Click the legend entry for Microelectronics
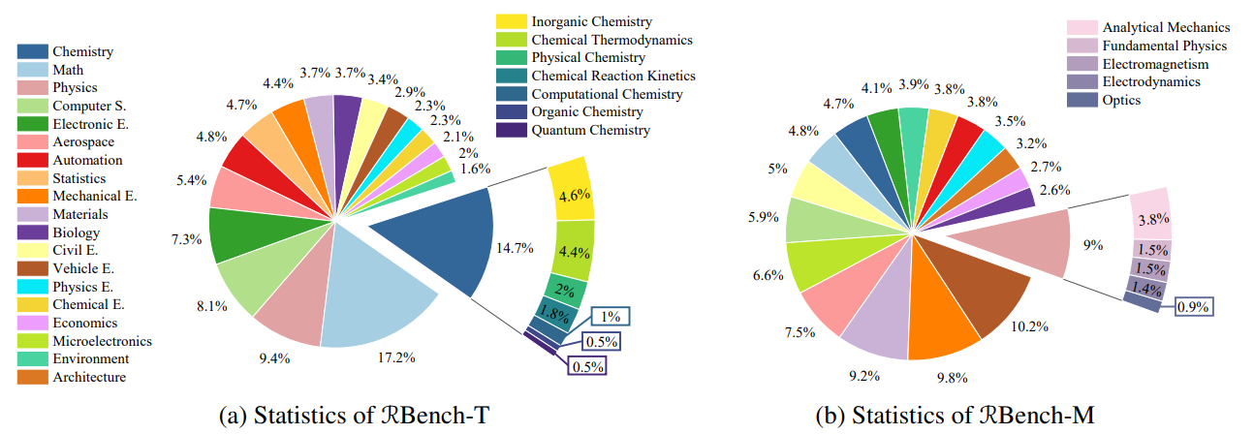102,341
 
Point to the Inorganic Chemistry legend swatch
510,21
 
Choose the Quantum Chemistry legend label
591,131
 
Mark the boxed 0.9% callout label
1194,307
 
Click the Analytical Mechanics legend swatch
1082,28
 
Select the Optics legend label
1122,101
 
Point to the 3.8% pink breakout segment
1150,217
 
